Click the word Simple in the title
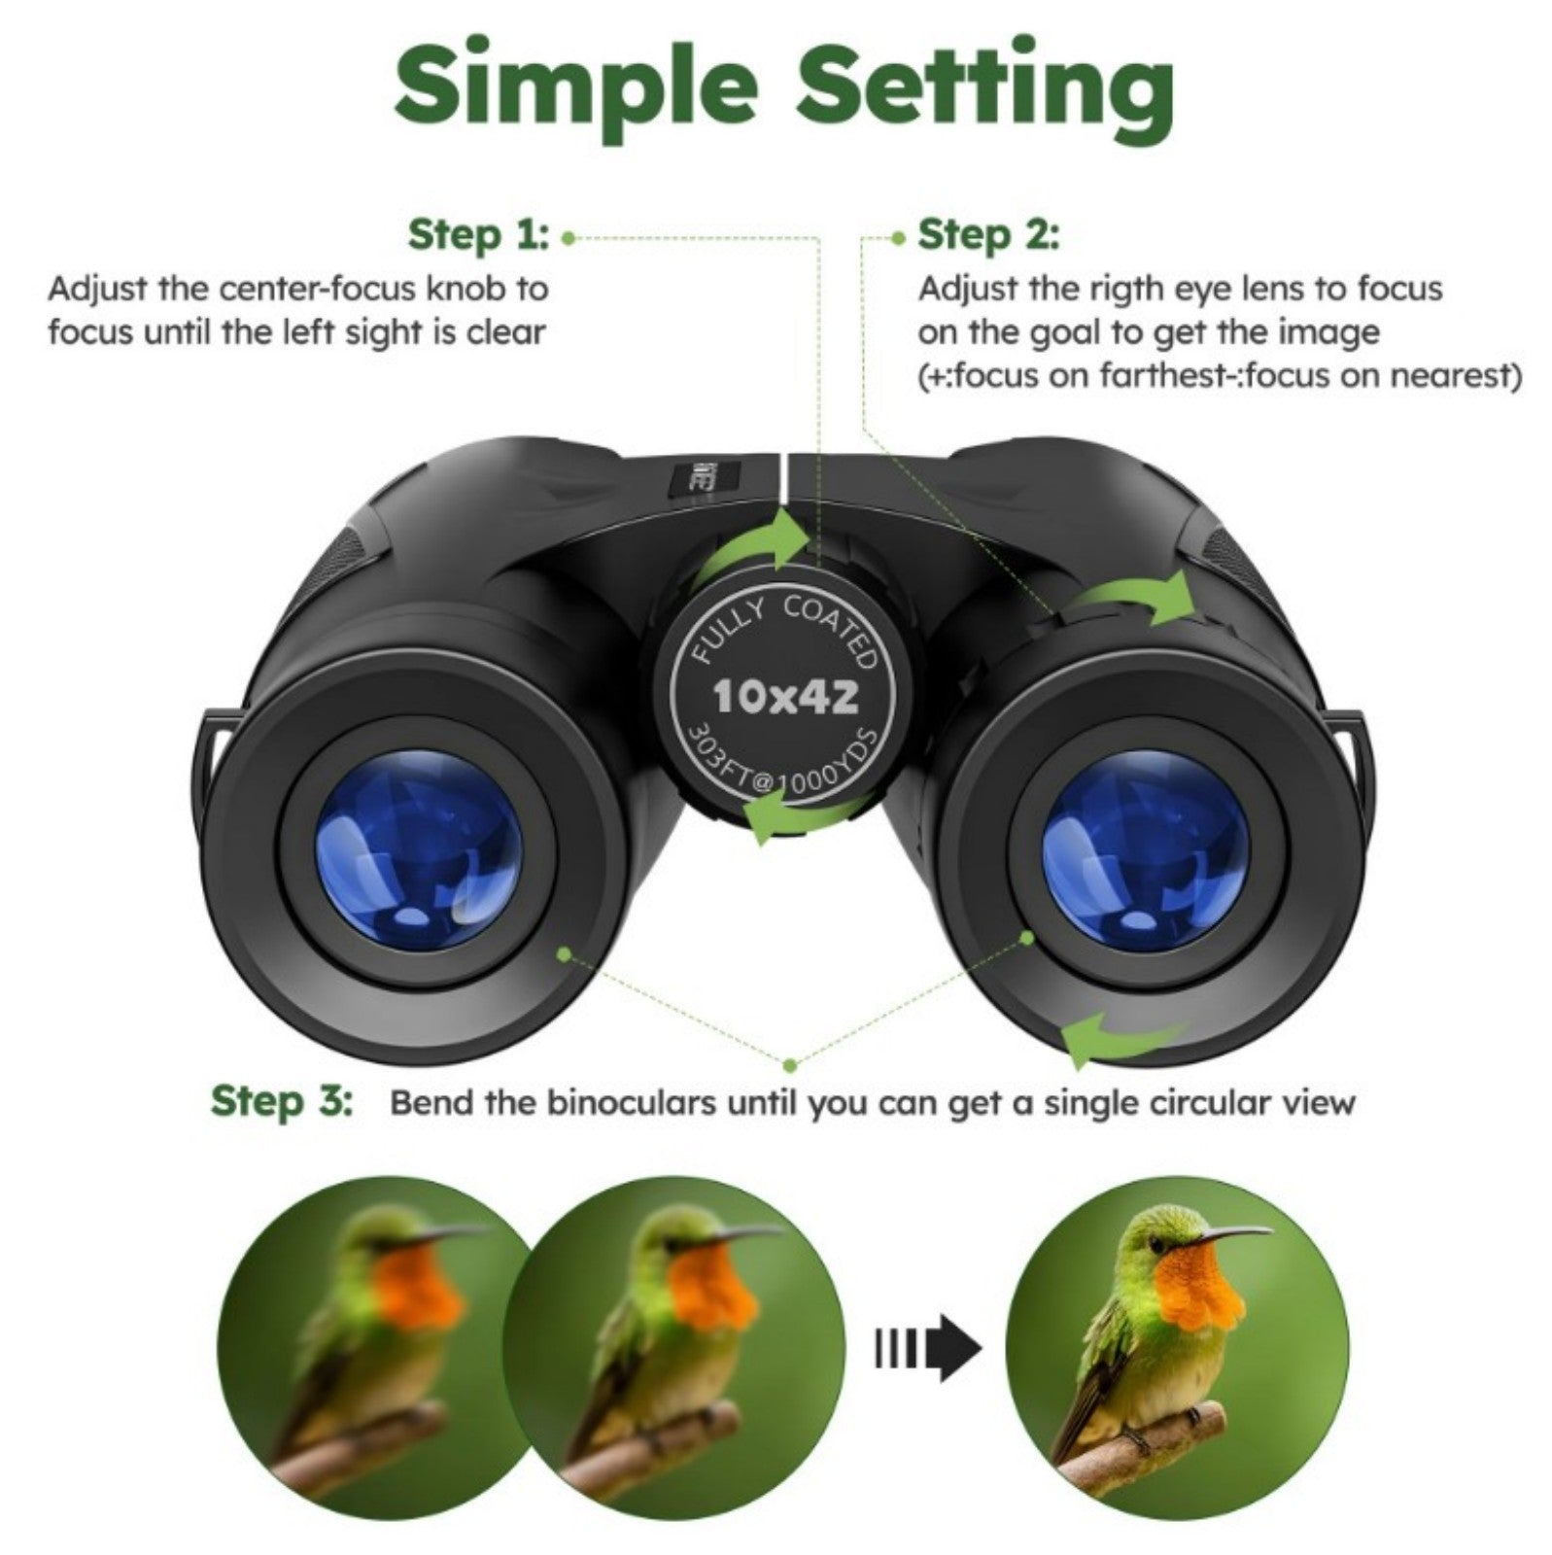click(575, 89)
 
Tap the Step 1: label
click(478, 235)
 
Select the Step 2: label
click(988, 235)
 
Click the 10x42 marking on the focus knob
click(785, 696)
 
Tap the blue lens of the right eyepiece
click(1144, 846)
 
